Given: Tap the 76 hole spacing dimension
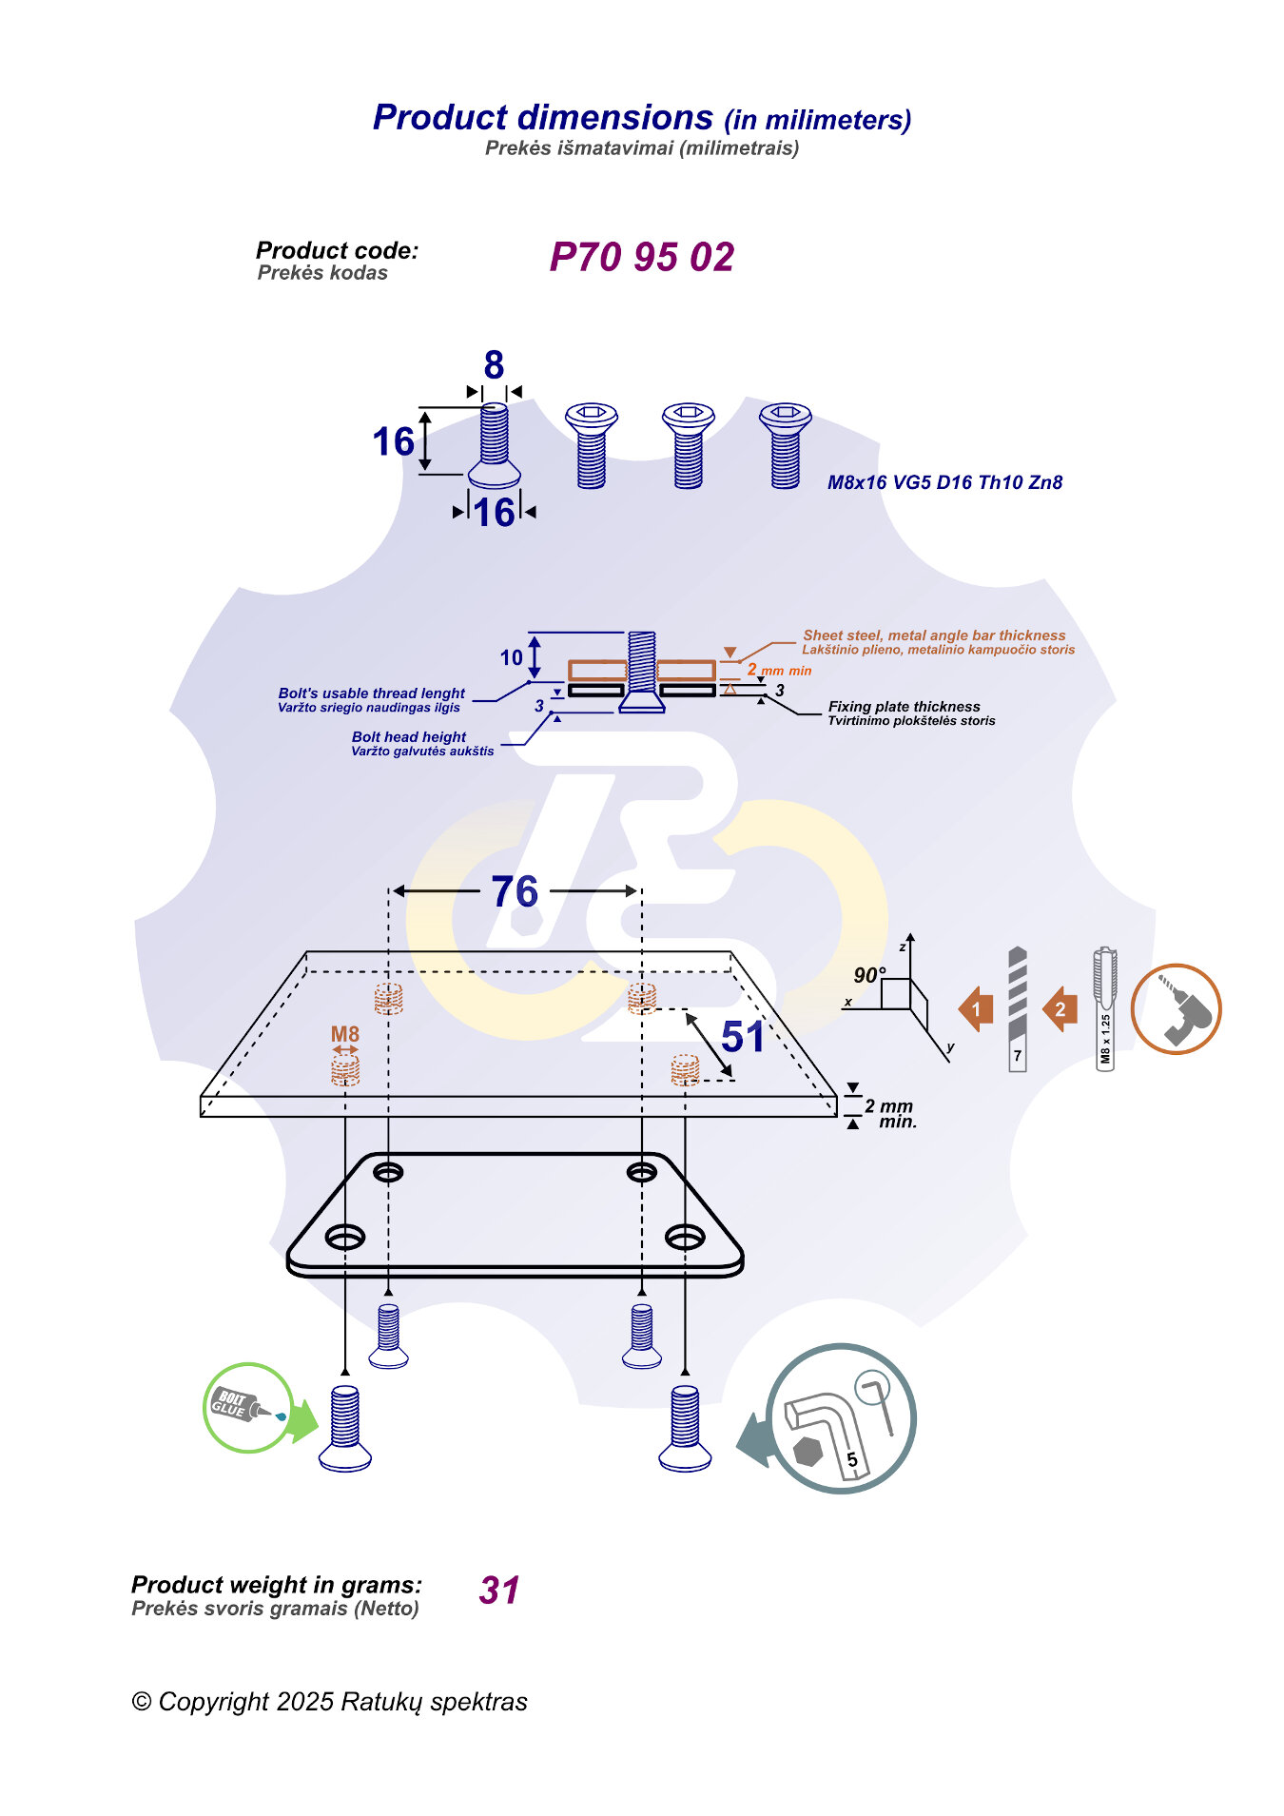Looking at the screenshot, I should pos(515,892).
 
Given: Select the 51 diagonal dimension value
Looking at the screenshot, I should pos(742,1037).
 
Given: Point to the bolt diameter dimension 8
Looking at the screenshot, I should pos(494,365).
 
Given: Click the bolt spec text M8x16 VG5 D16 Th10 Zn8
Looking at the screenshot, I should pos(944,482).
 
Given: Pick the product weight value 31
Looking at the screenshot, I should pos(499,1591).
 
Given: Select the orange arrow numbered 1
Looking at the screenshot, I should pos(976,1009).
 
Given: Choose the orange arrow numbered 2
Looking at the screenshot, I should pos(1060,1009).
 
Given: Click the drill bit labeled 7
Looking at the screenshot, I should pos(1017,1008).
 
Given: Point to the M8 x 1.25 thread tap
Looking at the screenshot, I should pos(1104,1008).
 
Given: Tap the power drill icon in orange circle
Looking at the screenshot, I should pos(1176,1009).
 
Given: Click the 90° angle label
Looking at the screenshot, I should pos(868,975).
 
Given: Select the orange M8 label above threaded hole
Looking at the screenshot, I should pos(345,1034).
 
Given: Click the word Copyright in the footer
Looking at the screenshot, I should pos(214,1702).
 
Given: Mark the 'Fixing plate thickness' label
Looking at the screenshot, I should pos(904,707).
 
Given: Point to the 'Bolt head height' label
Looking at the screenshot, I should pos(409,737).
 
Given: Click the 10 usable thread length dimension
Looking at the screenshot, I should pos(512,657).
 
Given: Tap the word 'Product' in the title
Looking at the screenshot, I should pos(440,118).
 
